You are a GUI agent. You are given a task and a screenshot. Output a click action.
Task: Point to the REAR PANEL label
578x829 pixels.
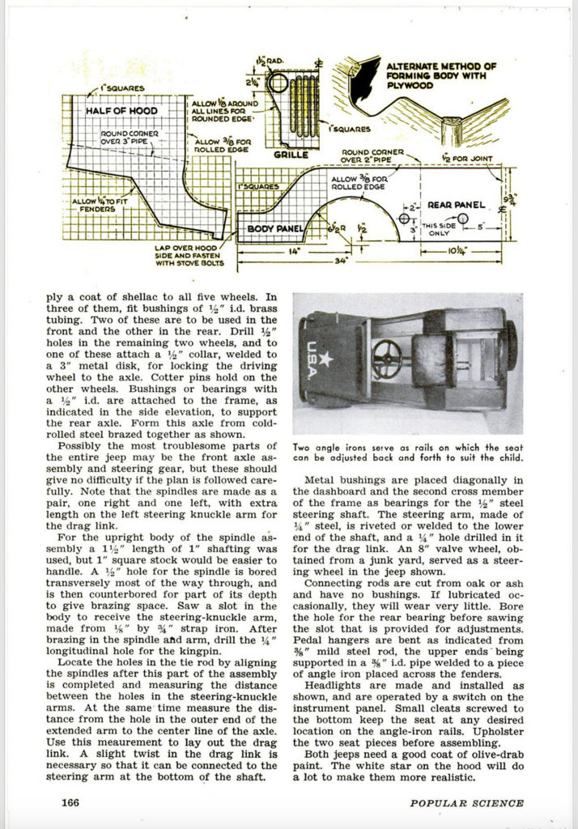tap(453, 205)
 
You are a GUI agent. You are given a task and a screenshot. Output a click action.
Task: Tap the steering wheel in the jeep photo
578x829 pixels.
tap(386, 354)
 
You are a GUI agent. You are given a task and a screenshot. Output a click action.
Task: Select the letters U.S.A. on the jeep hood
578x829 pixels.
tap(312, 355)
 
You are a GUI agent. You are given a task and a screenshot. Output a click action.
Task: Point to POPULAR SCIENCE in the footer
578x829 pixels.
tap(466, 803)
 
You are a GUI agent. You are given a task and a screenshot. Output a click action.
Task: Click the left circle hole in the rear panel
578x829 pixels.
tap(405, 219)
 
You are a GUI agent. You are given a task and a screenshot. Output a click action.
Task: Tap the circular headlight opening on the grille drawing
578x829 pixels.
tap(278, 83)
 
